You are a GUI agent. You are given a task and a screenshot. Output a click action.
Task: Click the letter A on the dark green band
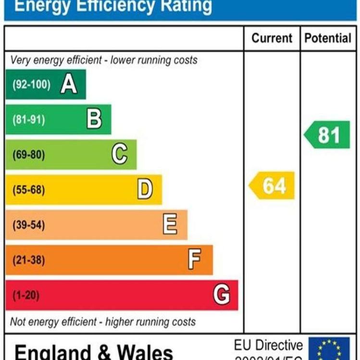tap(69, 85)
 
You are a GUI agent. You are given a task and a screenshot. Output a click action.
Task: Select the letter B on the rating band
tap(94, 119)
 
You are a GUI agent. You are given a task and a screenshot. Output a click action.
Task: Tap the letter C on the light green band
tap(120, 154)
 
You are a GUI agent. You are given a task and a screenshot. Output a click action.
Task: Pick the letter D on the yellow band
tap(145, 189)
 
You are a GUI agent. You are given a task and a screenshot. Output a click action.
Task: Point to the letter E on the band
tap(170, 224)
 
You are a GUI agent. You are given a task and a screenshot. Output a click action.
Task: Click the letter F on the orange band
tap(194, 260)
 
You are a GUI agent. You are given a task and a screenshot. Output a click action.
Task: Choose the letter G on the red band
tap(221, 294)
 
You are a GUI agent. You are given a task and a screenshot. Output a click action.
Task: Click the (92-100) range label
tap(31, 85)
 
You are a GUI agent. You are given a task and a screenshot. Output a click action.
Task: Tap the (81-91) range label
tap(29, 120)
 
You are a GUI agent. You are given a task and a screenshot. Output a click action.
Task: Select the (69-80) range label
tap(29, 155)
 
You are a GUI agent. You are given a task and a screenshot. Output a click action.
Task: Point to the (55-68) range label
tap(29, 190)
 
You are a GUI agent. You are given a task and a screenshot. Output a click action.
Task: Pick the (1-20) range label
tap(26, 295)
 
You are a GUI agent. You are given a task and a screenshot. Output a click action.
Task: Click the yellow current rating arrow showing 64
tap(272, 186)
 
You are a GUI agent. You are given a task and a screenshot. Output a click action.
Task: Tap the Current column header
tap(272, 38)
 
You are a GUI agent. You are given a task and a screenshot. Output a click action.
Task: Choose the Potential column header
tap(328, 38)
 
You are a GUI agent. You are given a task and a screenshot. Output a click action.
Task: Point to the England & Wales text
tap(94, 351)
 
